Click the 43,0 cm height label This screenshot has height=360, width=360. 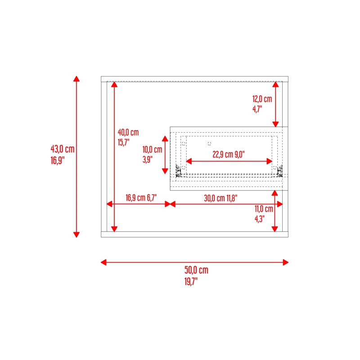click(63, 149)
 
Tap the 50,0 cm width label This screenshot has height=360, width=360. click(196, 270)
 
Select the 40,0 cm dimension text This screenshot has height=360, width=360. click(128, 132)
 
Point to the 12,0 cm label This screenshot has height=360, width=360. click(262, 99)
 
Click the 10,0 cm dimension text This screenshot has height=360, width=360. click(152, 149)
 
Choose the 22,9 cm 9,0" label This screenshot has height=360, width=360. click(229, 154)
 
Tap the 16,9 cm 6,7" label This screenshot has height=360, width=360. click(141, 198)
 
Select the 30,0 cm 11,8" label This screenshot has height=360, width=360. click(220, 198)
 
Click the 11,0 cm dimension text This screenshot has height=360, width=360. click(264, 209)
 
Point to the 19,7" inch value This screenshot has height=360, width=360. click(191, 282)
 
